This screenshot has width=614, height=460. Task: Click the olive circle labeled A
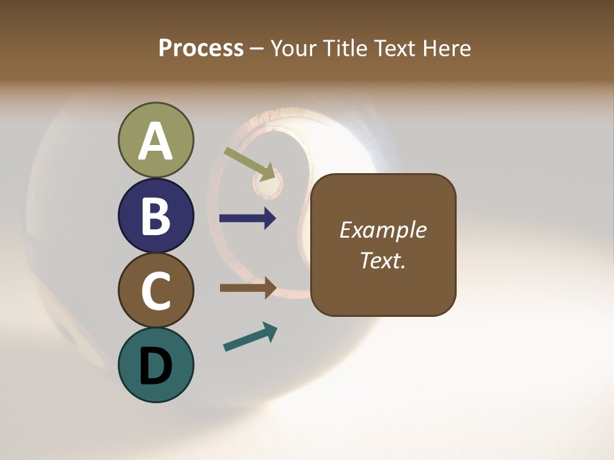click(x=156, y=140)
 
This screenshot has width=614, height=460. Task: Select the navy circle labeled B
click(x=156, y=215)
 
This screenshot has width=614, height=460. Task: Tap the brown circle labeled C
click(x=156, y=290)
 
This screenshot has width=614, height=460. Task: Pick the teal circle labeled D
click(x=156, y=365)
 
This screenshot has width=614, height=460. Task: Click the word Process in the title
click(x=201, y=49)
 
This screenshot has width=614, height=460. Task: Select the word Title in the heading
click(x=345, y=49)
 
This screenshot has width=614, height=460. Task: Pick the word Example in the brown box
click(x=382, y=230)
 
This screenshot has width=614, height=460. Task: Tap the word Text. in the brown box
click(x=382, y=260)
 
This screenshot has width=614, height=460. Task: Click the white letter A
click(x=156, y=142)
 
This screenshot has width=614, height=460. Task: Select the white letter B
click(x=156, y=216)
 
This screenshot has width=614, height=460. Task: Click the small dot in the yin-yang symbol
click(x=268, y=185)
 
